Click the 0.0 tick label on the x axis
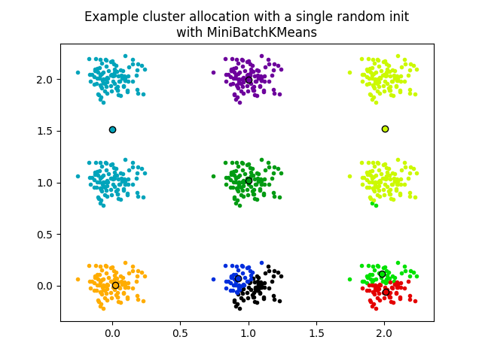click(x=112, y=332)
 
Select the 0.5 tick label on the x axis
click(x=180, y=332)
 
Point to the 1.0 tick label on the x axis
click(x=249, y=332)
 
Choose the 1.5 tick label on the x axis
click(x=316, y=332)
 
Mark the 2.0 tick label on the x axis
click(x=384, y=332)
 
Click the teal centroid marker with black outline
click(x=112, y=129)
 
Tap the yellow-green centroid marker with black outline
click(x=385, y=129)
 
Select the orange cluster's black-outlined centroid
click(x=115, y=285)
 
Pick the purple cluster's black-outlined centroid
click(x=249, y=80)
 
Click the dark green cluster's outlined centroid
click(x=249, y=180)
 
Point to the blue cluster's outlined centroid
click(x=238, y=278)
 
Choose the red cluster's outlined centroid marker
click(x=386, y=292)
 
